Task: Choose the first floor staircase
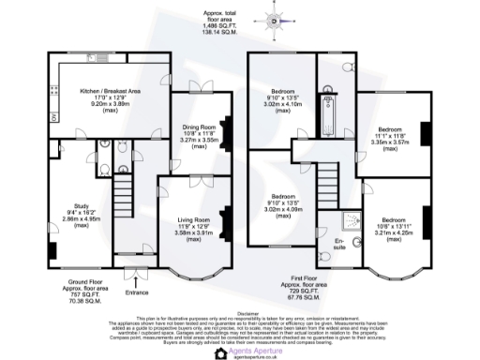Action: pos(327,177)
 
